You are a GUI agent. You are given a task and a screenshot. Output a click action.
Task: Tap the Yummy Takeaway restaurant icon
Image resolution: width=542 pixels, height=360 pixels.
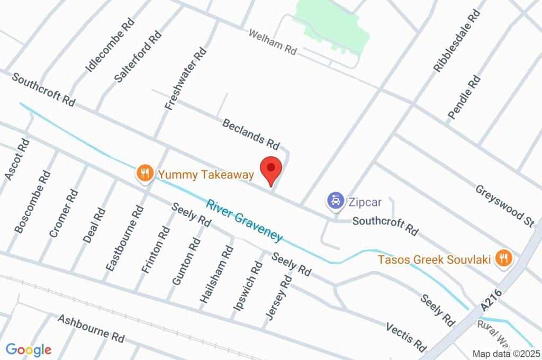[143, 173]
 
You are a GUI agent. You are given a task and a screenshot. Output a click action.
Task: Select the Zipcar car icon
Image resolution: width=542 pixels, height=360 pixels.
[335, 201]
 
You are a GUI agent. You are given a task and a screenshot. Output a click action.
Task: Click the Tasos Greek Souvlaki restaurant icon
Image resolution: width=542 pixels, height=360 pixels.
[503, 258]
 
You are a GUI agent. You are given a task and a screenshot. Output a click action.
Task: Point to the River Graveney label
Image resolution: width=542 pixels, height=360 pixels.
[245, 220]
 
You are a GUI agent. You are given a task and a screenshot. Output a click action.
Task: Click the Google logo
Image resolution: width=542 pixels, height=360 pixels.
[29, 349]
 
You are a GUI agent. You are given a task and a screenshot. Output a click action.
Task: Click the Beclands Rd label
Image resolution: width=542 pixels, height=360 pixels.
[251, 133]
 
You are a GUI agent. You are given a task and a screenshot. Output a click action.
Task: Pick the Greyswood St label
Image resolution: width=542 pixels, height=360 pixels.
[504, 206]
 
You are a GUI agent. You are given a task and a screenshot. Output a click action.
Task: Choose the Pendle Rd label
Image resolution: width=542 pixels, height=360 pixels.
[464, 97]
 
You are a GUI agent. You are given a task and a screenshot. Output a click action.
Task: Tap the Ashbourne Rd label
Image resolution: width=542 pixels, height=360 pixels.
[91, 328]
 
